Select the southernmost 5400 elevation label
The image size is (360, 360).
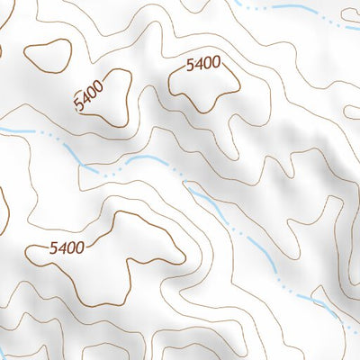[67, 247]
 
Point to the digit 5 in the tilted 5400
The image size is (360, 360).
[81, 106]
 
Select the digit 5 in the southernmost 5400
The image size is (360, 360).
[54, 247]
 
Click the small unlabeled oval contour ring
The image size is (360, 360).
[50, 56]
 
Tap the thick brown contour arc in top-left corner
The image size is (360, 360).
[2, 49]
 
